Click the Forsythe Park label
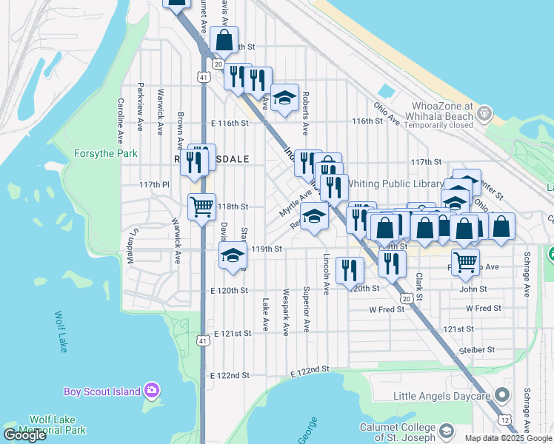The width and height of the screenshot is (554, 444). pos(106,154)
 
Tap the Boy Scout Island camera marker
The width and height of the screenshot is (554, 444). pos(153,389)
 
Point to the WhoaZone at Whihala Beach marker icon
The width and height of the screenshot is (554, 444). pos(485,113)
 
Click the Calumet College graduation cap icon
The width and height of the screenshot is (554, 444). pos(447,431)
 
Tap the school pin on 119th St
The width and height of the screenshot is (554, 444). pos(233,256)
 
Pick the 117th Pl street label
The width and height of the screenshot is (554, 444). pos(155,184)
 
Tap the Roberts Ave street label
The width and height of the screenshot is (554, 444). pos(304,115)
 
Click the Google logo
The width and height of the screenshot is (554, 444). pos(24,435)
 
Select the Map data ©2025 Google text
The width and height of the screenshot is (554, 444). pos(508,438)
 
